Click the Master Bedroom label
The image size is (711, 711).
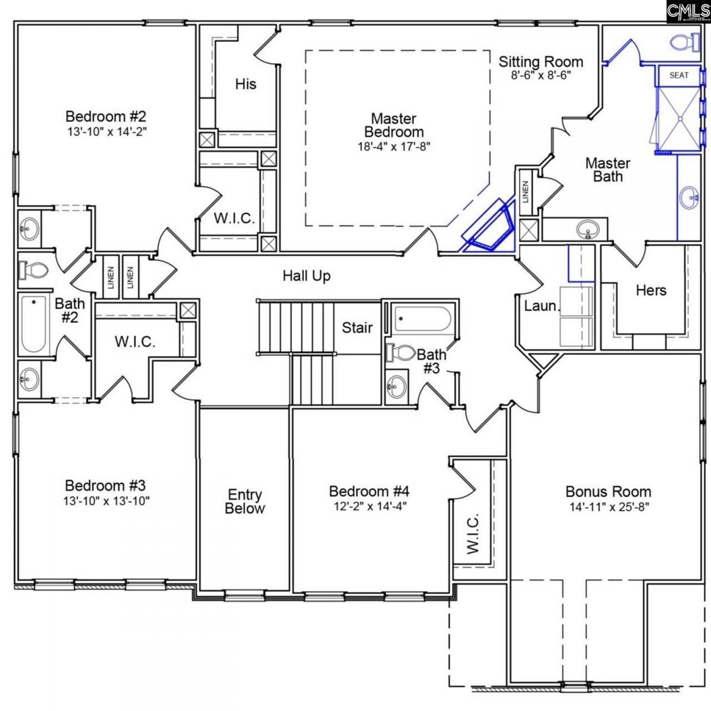pyautogui.click(x=394, y=125)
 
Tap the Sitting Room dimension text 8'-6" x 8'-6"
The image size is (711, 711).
pyautogui.click(x=540, y=76)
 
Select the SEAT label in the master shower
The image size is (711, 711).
pyautogui.click(x=678, y=75)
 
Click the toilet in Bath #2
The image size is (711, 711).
pyautogui.click(x=33, y=271)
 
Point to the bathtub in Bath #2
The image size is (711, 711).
pyautogui.click(x=33, y=324)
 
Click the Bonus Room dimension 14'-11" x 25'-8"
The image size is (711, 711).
pyautogui.click(x=609, y=507)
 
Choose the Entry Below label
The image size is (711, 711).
pyautogui.click(x=245, y=502)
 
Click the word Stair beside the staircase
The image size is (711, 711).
pyautogui.click(x=357, y=328)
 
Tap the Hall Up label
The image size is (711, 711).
pyautogui.click(x=307, y=276)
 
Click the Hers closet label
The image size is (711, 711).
pyautogui.click(x=650, y=290)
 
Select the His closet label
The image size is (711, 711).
pyautogui.click(x=246, y=84)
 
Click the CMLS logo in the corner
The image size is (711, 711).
pyautogui.click(x=688, y=12)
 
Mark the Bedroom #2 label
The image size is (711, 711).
pyautogui.click(x=106, y=117)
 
